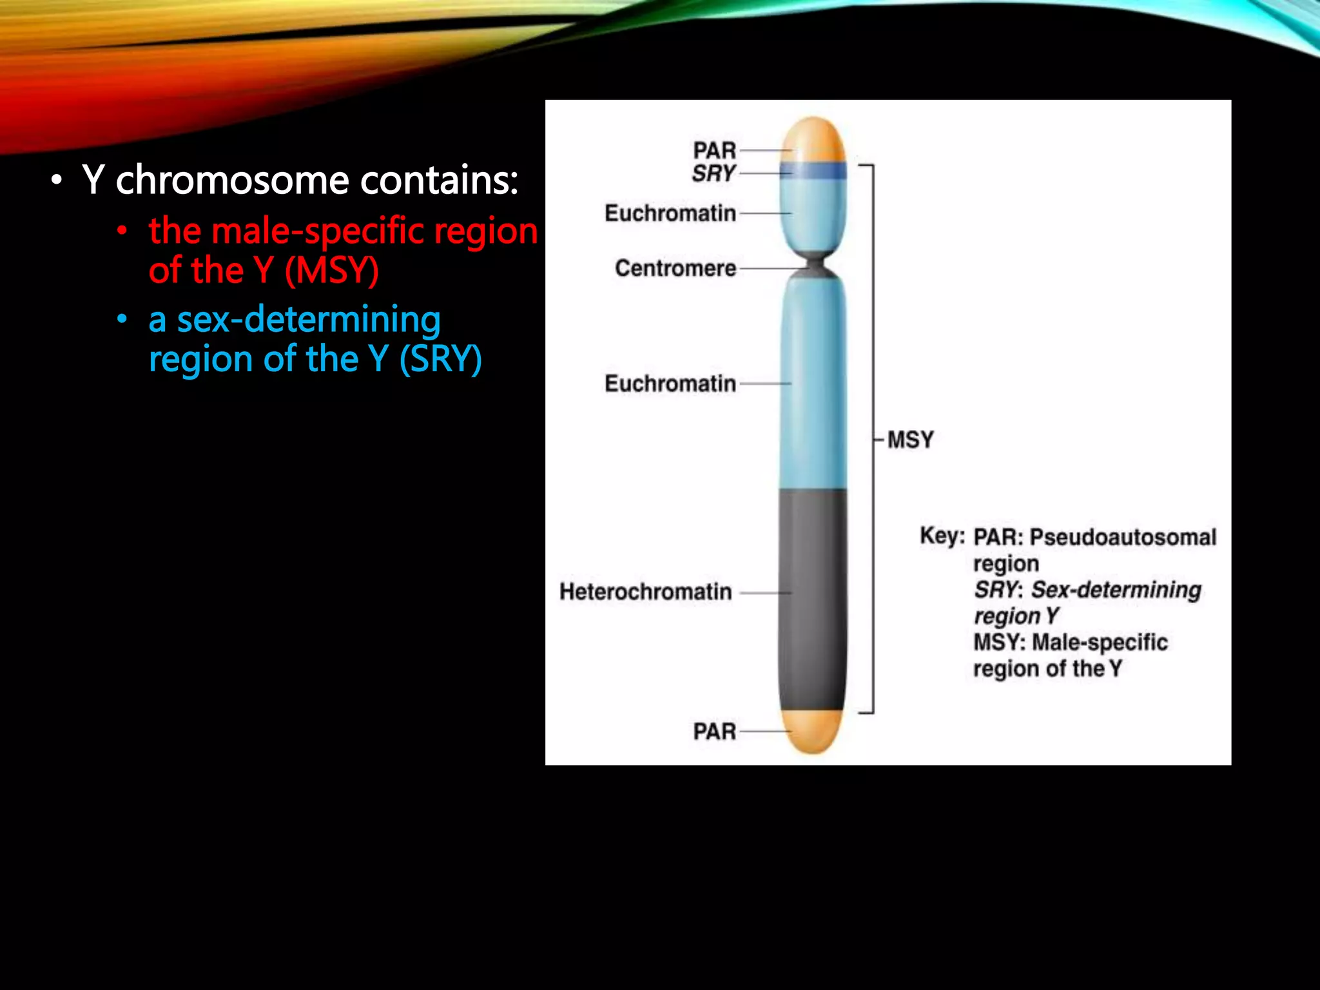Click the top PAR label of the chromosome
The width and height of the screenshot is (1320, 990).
(x=714, y=150)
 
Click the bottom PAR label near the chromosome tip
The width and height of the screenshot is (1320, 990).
(x=714, y=732)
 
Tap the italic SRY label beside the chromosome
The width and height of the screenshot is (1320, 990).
(x=713, y=173)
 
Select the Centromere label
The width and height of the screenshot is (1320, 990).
(x=675, y=268)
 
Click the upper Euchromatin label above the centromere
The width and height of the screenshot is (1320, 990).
(x=670, y=213)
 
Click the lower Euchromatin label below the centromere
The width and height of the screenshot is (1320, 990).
(x=670, y=383)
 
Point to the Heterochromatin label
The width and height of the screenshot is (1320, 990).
(x=645, y=592)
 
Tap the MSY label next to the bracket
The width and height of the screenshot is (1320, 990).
(x=910, y=440)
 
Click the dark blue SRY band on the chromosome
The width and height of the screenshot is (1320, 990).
(x=813, y=171)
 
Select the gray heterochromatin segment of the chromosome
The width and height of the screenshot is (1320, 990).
(x=812, y=599)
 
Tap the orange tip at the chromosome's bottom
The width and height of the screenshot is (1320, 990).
(x=812, y=732)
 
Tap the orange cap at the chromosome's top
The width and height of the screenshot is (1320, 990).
(x=813, y=139)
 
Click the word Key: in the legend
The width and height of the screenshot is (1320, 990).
(x=942, y=536)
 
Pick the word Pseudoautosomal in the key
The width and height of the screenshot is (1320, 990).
(x=1122, y=537)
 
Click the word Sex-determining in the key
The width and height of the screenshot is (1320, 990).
(x=1116, y=590)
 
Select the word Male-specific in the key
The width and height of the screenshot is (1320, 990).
(x=1100, y=643)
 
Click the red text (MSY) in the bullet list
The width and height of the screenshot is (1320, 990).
(x=331, y=271)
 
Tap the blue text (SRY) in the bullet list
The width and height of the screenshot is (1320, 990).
(x=440, y=359)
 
